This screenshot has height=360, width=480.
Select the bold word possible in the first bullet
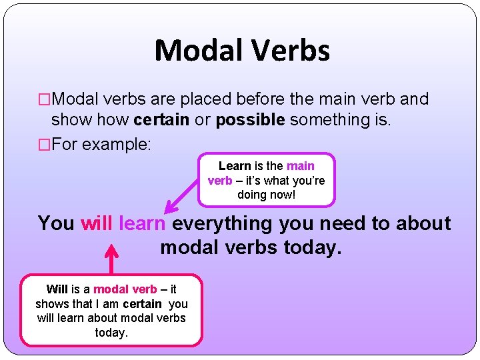click(x=251, y=119)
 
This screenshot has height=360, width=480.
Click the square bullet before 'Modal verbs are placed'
click(x=45, y=100)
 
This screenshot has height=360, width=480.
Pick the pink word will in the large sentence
click(x=97, y=223)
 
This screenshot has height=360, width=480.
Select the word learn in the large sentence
click(x=142, y=223)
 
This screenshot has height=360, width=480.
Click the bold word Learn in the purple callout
click(x=234, y=166)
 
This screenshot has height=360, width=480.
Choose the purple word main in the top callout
click(x=300, y=166)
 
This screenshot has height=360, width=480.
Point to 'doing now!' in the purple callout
click(x=266, y=195)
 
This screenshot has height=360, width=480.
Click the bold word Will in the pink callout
click(x=57, y=289)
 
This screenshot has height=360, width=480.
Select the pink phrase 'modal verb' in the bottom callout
click(x=125, y=289)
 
